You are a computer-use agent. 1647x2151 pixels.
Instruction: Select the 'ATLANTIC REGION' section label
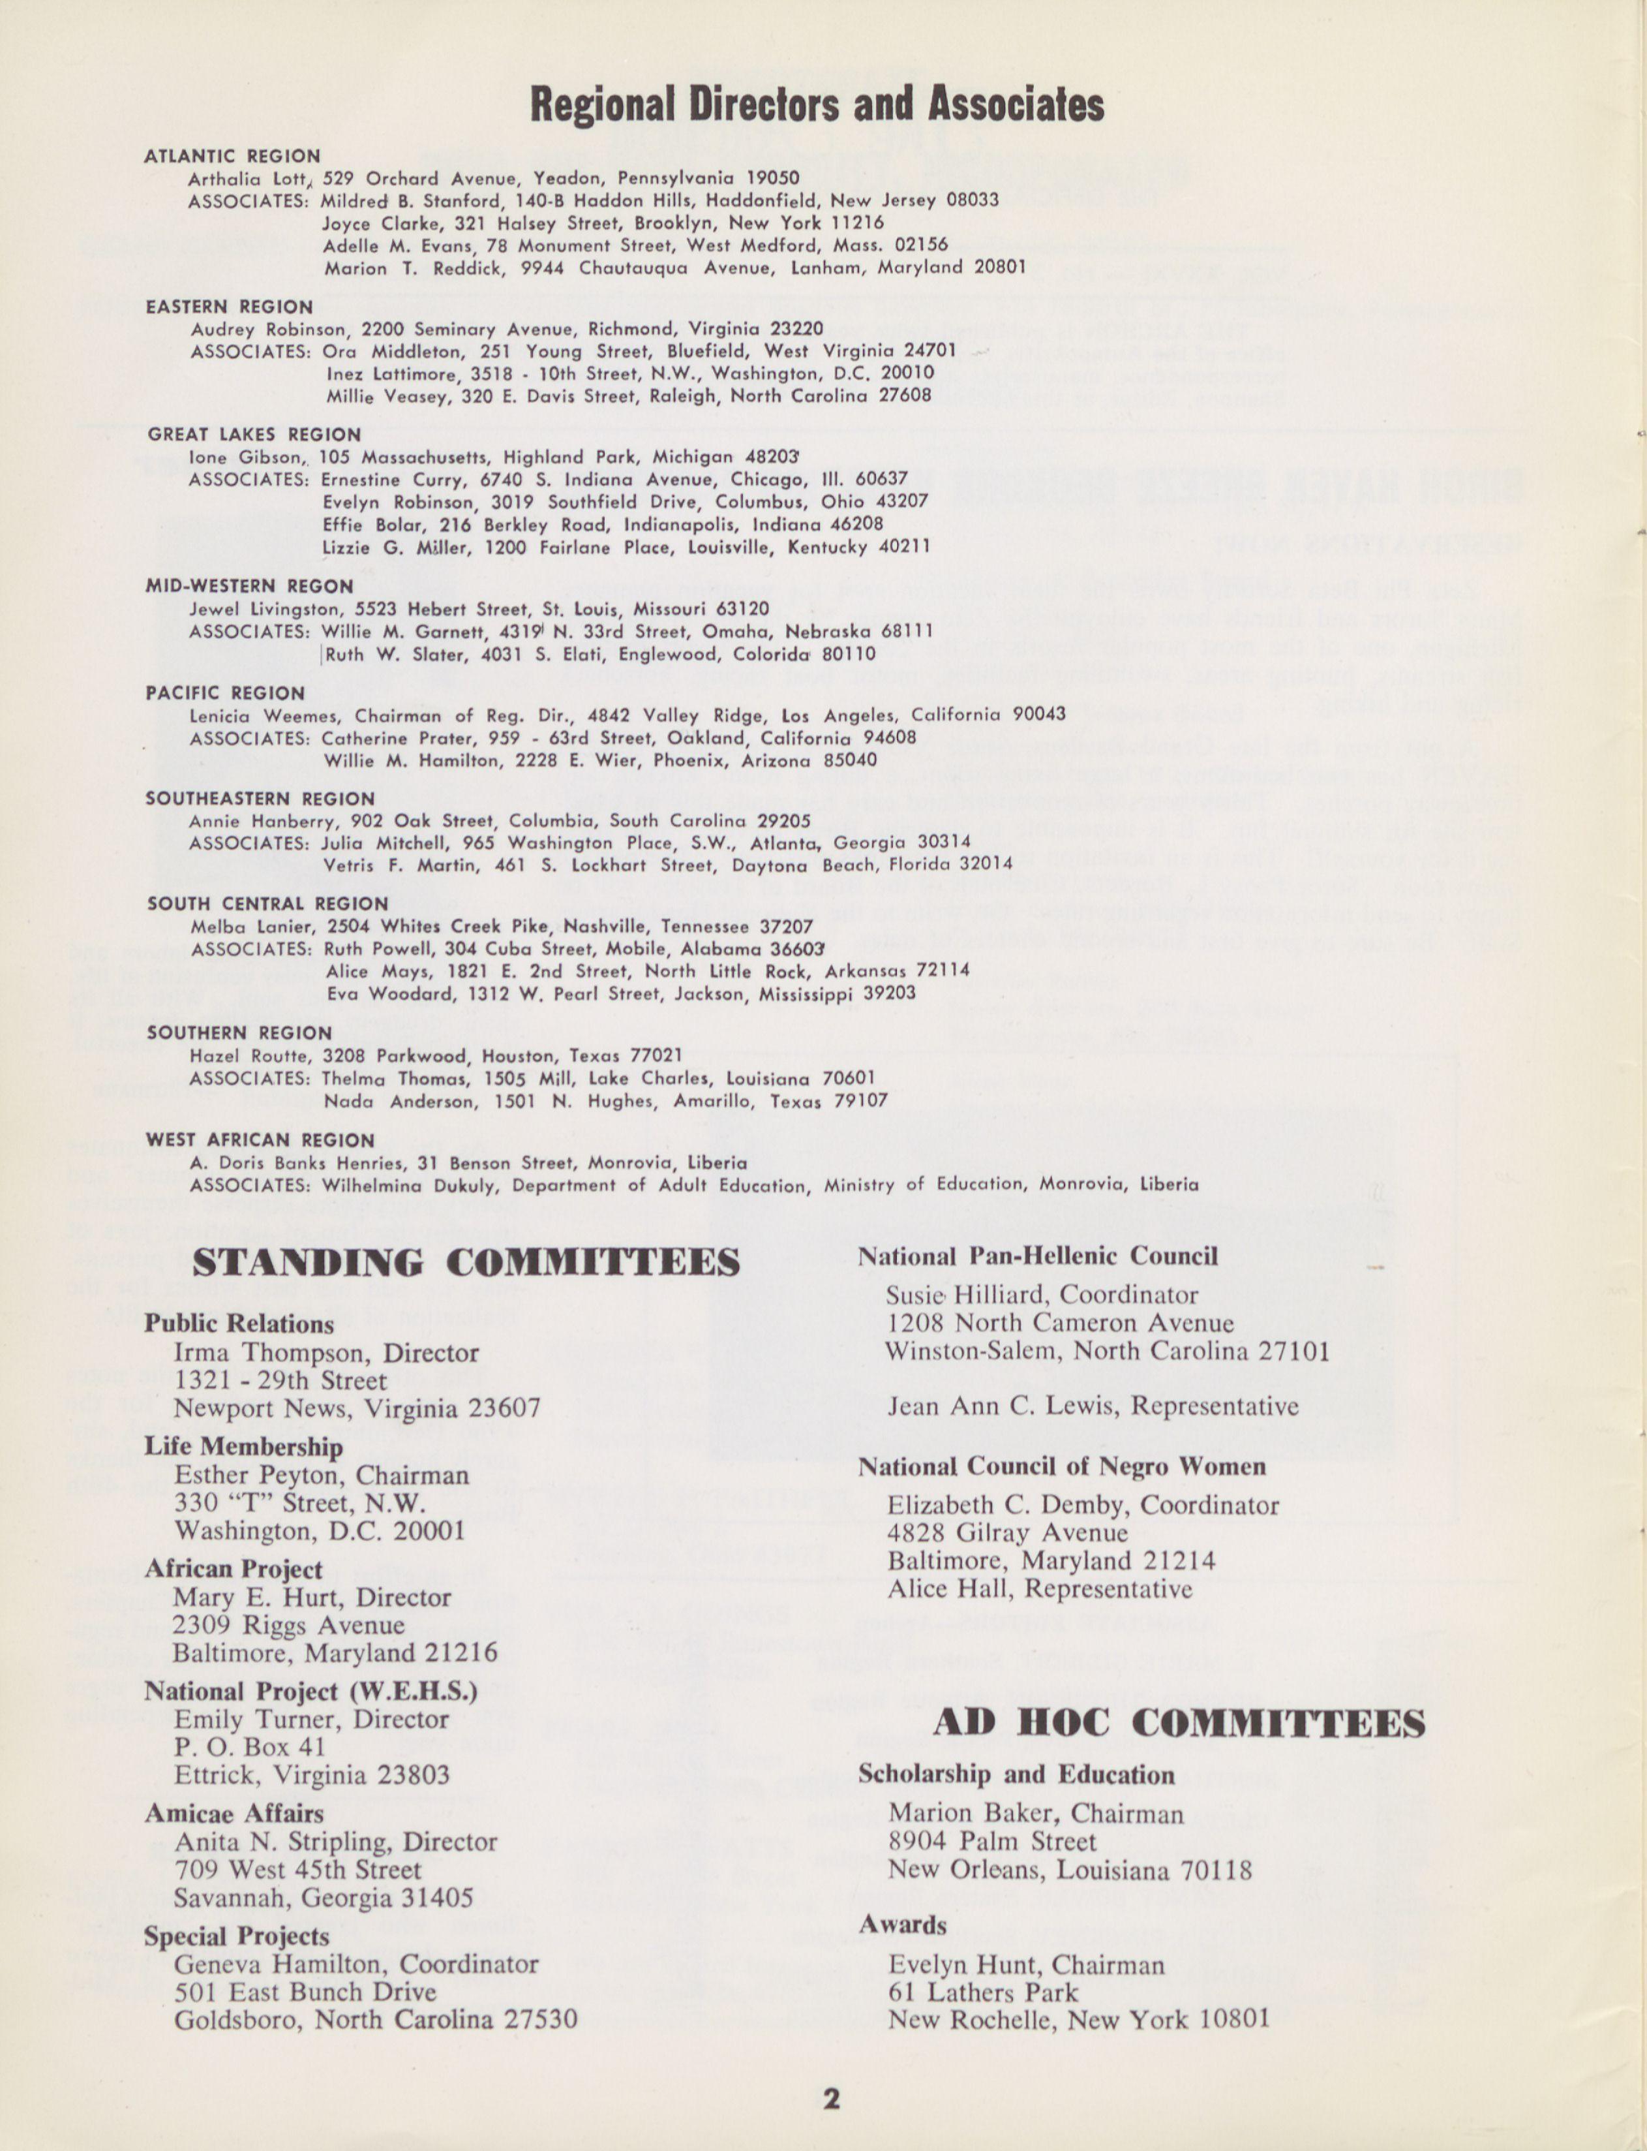click(232, 156)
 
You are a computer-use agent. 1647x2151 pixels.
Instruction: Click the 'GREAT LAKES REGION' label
click(254, 435)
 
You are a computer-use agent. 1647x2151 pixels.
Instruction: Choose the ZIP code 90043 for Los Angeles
click(1038, 714)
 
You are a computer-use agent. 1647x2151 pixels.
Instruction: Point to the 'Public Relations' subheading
click(239, 1324)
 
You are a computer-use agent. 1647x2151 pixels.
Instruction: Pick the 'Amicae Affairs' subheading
click(234, 1814)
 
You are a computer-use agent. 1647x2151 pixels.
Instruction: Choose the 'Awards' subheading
click(902, 1925)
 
